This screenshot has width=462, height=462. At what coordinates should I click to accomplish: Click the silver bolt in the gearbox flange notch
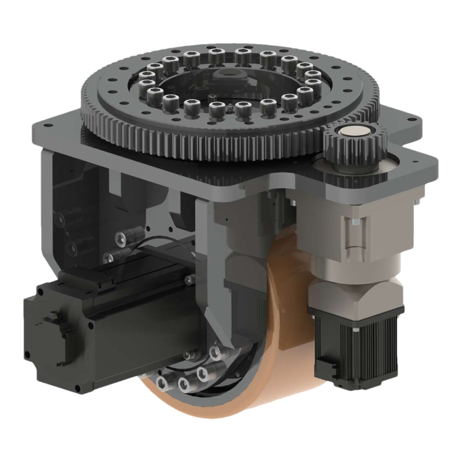pyautogui.click(x=356, y=222)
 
